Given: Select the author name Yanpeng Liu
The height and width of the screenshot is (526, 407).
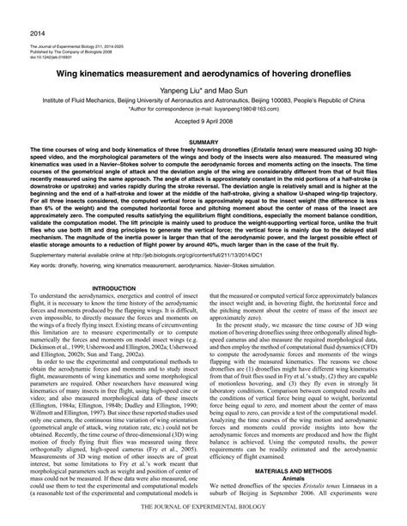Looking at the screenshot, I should pos(181,93).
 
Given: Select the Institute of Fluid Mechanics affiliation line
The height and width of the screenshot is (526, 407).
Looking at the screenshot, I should pos(203,101).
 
